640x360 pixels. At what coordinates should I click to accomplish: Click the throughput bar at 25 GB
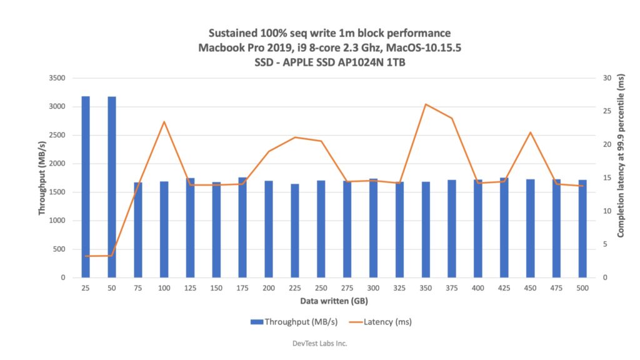(86, 187)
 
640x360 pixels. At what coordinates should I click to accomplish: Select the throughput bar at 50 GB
(112, 187)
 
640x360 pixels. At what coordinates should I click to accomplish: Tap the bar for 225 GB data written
(295, 231)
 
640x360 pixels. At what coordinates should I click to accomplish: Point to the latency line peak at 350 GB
(426, 104)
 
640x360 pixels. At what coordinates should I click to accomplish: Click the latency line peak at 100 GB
(164, 122)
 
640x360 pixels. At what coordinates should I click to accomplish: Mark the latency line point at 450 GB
(530, 132)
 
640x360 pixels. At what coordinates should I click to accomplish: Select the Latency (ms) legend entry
(381, 322)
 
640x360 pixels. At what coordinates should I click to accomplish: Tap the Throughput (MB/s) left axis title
(42, 178)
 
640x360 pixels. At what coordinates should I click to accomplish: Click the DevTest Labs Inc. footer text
(319, 343)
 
